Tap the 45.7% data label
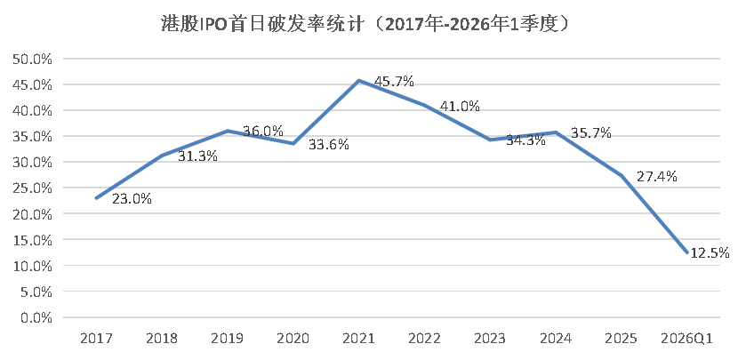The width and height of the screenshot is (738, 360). tap(394, 81)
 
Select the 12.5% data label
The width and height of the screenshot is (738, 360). tap(708, 253)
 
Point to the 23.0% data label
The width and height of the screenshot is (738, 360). tap(132, 199)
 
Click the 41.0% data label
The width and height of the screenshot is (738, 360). tap(460, 106)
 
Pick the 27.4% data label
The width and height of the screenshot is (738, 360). tap(657, 176)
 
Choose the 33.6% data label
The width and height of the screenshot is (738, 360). tap(329, 145)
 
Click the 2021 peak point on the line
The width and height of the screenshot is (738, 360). tap(358, 81)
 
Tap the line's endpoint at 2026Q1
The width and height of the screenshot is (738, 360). tap(686, 253)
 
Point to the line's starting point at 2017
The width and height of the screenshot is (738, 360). tap(95, 198)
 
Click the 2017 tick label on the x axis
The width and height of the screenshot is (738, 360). tap(95, 339)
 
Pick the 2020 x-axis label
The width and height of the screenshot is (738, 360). tap(293, 339)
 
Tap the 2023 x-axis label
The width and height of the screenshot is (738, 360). tap(489, 339)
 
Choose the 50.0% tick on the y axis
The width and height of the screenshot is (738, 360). tap(35, 59)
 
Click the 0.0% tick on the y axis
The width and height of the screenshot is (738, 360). tap(37, 317)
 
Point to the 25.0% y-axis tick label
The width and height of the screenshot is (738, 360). tap(35, 188)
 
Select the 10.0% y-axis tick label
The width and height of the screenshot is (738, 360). tap(35, 266)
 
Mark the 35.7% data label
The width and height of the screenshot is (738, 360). tap(591, 132)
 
